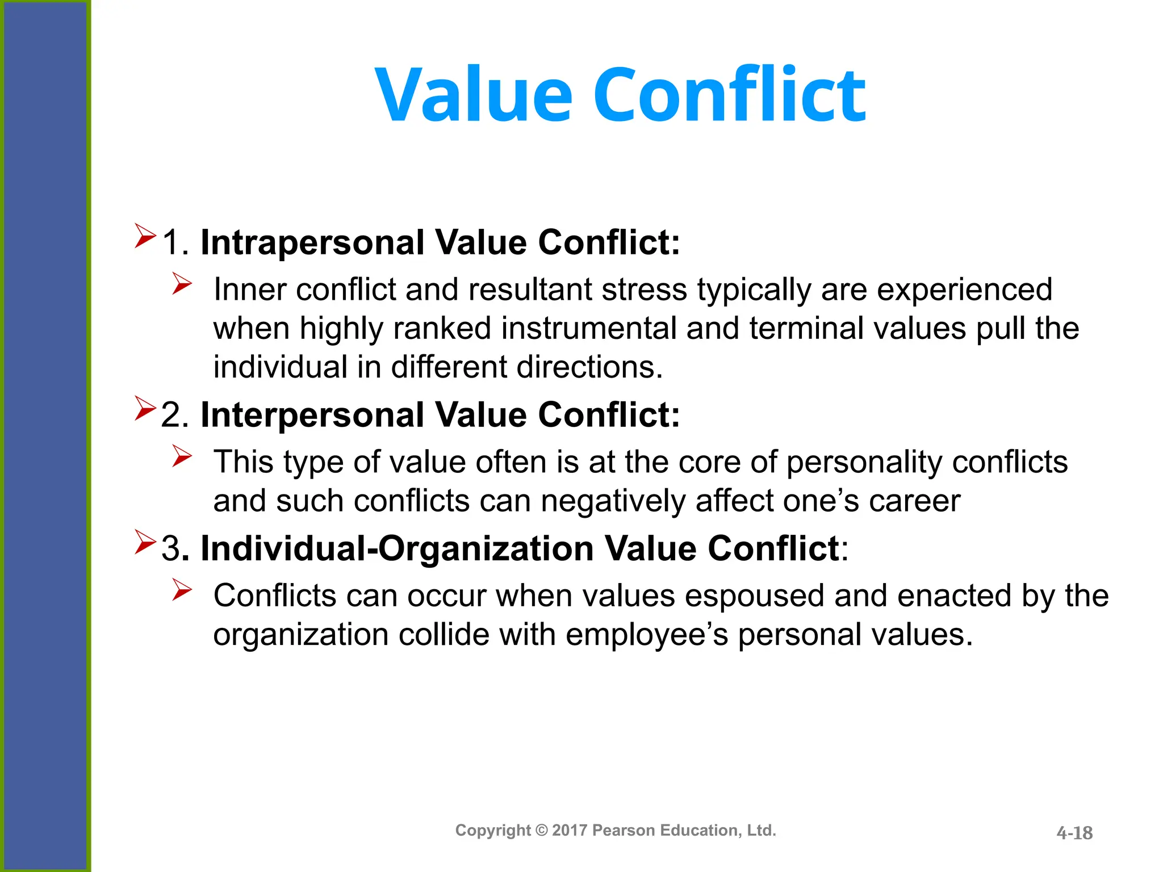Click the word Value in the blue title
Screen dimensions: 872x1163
(474, 95)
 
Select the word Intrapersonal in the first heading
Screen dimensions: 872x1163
(312, 243)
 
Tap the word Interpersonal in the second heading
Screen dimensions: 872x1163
(312, 415)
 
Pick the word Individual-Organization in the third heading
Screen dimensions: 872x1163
(397, 549)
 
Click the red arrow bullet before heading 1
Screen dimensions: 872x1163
(145, 236)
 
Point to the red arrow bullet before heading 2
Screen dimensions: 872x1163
(145, 408)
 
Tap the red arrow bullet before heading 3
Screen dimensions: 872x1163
(145, 542)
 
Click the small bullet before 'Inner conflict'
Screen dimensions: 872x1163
(182, 284)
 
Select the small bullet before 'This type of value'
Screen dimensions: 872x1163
(182, 456)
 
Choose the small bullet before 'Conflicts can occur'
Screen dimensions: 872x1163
(182, 590)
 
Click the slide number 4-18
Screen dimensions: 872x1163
(1074, 833)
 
